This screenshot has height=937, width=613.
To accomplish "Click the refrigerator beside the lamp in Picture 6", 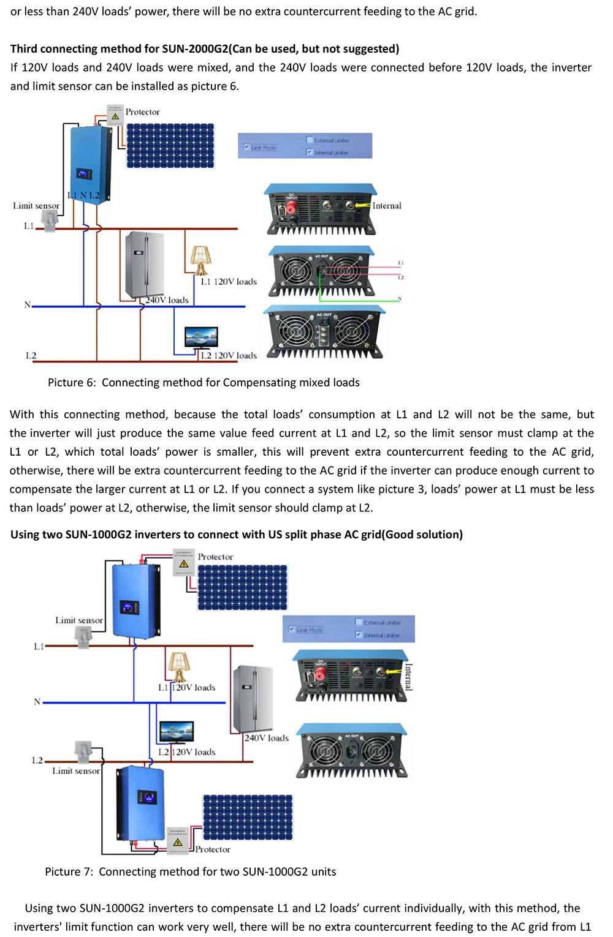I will (x=145, y=265).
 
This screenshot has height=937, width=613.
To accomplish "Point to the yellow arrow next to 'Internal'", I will (x=362, y=206).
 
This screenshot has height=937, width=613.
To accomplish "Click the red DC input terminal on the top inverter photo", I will (x=291, y=208).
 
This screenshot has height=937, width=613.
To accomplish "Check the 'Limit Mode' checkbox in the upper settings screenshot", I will (x=246, y=147).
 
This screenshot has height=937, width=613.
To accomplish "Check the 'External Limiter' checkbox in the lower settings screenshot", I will (x=359, y=622).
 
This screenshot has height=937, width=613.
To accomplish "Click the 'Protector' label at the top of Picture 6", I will (x=142, y=112).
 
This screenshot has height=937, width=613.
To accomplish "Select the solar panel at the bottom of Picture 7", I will (x=248, y=817).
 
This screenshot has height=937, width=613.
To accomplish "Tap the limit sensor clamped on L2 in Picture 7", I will (x=83, y=750).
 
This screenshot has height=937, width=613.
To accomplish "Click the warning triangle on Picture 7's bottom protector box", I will (x=178, y=842).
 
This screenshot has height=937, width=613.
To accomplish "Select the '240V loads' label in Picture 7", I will (x=266, y=739).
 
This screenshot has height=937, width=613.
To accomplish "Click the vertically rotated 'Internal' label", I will (x=408, y=677).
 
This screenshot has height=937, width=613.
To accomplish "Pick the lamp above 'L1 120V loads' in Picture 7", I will (x=178, y=666).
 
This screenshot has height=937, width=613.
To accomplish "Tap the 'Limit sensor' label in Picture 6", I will (x=36, y=206).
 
